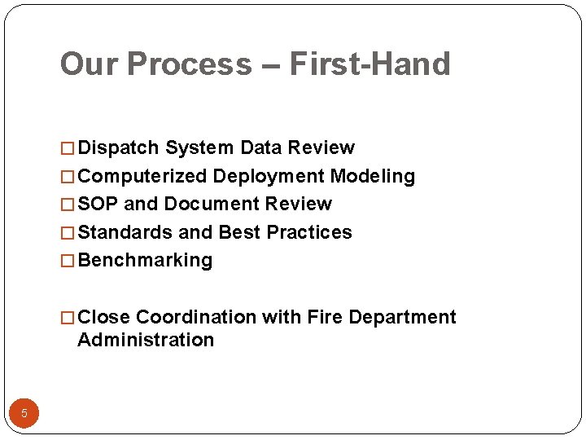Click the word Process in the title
190,64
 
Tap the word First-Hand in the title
370,64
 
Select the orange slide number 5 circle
24,413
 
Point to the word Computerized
142,176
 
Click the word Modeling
373,176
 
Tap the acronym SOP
98,204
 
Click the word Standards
125,232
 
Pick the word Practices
309,232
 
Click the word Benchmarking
145,261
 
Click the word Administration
146,340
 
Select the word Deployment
269,176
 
